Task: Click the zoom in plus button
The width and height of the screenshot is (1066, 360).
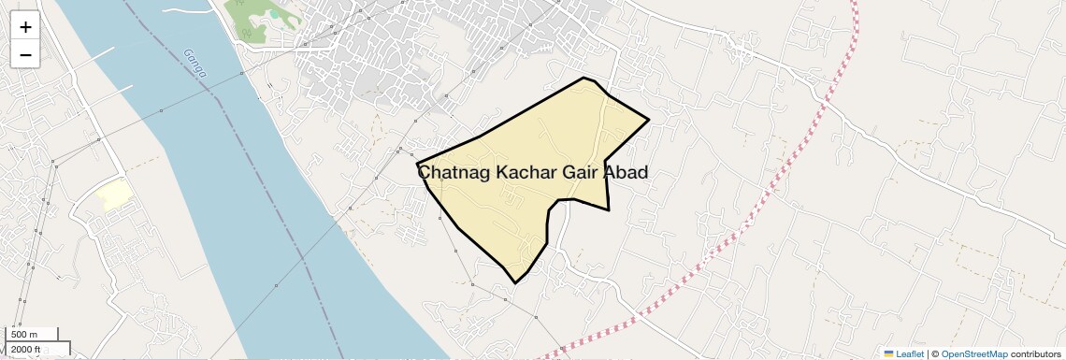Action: tap(25, 27)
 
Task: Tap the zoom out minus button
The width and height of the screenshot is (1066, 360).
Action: tap(25, 55)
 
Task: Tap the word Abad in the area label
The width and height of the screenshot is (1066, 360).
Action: tap(626, 173)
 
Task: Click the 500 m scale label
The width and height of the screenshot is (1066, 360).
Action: tap(25, 335)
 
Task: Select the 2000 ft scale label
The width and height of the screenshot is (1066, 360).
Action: tap(27, 350)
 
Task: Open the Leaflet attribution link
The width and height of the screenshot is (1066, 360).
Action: tap(910, 354)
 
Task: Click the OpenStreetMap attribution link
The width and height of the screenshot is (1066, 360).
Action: tap(973, 354)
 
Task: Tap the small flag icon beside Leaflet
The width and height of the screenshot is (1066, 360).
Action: tap(889, 354)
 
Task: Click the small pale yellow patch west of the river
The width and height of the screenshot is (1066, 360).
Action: tap(113, 194)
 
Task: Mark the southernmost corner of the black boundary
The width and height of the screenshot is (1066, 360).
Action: tap(515, 282)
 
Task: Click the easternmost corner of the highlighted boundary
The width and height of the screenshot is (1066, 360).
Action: tap(648, 120)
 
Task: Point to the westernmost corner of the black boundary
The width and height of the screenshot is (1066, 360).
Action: tap(417, 164)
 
